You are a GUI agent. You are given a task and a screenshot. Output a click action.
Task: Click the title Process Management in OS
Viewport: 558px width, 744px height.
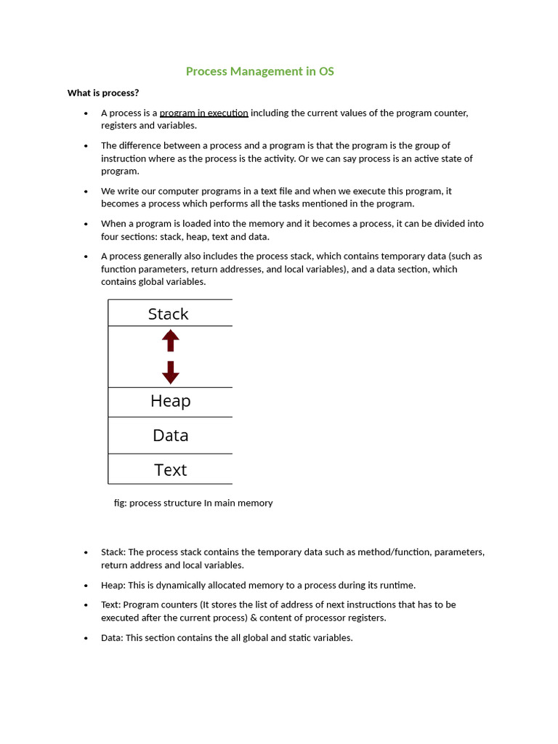tap(259, 71)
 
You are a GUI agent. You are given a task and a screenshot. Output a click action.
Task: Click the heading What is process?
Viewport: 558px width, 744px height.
tap(103, 93)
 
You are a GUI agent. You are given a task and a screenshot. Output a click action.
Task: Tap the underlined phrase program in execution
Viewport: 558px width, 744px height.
tap(203, 113)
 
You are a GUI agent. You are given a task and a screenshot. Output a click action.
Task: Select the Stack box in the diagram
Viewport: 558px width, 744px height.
tap(169, 314)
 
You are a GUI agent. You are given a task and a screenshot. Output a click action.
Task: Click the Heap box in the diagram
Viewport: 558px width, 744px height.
tap(170, 401)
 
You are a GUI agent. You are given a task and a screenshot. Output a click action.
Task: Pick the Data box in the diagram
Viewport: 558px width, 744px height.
tap(170, 435)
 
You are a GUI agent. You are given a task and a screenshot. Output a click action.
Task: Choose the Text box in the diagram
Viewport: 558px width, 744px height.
tap(170, 469)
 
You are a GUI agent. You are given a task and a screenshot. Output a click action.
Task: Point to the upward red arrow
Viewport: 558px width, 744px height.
tap(171, 340)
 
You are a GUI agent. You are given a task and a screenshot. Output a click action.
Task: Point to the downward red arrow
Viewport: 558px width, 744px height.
tap(171, 372)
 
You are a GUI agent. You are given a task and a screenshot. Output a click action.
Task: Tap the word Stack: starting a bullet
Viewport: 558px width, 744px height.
tap(113, 552)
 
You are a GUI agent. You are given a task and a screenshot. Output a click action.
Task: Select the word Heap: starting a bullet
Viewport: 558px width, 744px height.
tap(113, 585)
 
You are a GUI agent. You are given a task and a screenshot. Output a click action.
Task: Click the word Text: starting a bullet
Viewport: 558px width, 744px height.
tap(111, 604)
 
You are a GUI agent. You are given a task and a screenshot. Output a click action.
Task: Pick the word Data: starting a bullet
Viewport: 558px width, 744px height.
tap(112, 638)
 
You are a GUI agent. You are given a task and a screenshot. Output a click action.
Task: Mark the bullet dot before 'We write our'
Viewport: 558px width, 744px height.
tap(86, 192)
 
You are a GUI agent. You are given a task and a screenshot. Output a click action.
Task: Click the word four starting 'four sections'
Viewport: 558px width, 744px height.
tap(111, 237)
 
